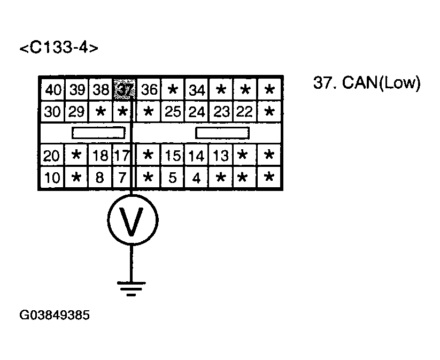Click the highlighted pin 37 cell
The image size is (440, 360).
(123, 89)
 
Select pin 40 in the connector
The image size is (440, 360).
(53, 89)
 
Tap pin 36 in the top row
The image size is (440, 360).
(149, 89)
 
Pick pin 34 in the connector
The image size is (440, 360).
(197, 89)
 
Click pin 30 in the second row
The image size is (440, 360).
(53, 112)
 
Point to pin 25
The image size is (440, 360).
(172, 112)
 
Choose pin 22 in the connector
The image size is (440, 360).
(244, 112)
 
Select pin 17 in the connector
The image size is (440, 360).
(122, 156)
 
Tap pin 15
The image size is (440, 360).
(172, 156)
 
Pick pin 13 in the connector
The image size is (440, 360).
(220, 156)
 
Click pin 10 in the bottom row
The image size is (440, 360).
(52, 178)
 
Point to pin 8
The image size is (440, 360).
(99, 178)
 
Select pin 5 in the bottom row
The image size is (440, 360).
(172, 178)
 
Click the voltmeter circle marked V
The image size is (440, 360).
(132, 221)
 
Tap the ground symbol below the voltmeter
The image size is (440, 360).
(132, 289)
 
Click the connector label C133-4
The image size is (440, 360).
(59, 48)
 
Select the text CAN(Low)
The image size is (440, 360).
(382, 84)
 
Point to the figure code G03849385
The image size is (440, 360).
(55, 315)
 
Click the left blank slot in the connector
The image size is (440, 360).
(98, 133)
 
